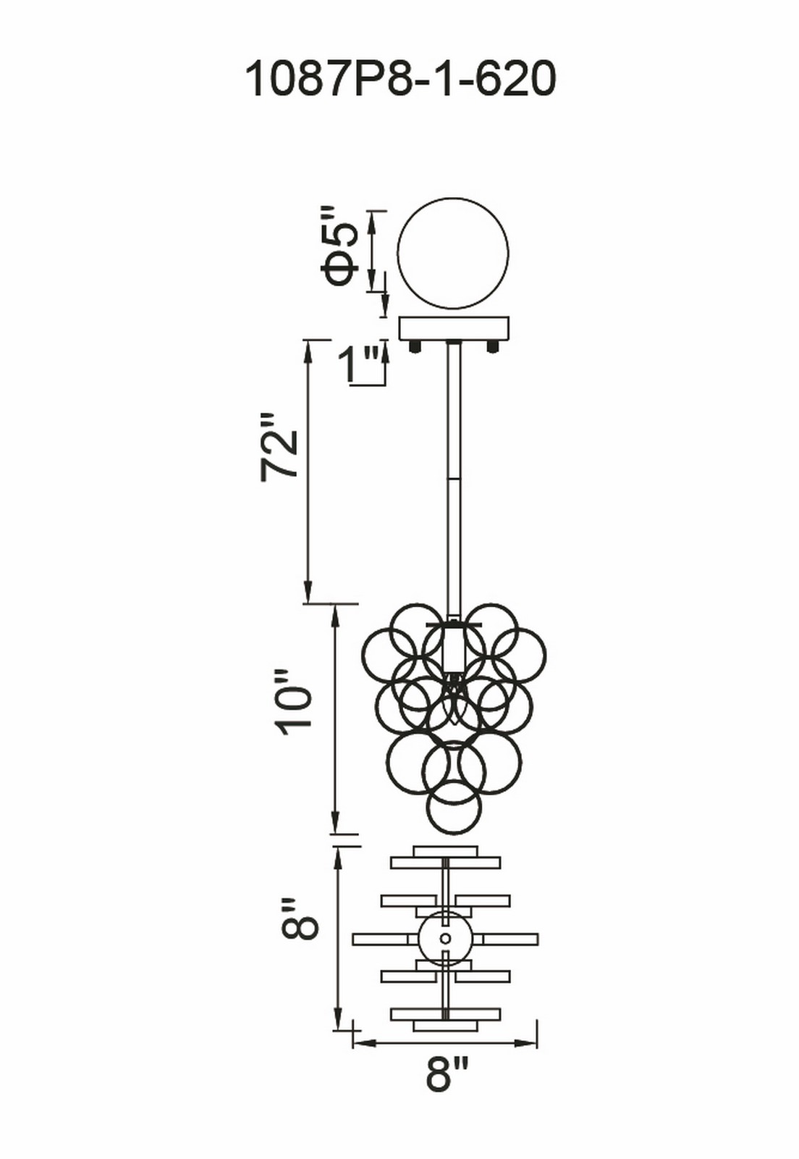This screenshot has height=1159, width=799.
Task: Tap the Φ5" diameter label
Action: click(x=339, y=248)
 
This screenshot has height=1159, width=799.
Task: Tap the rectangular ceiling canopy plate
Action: click(x=455, y=329)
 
